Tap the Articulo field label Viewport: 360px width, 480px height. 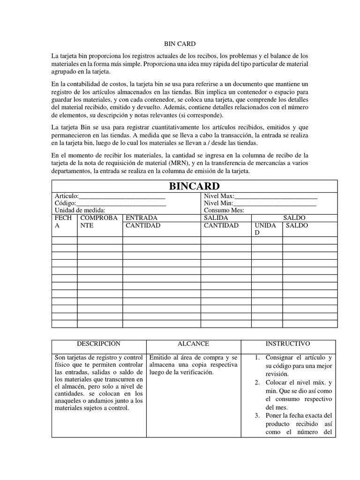[67, 196]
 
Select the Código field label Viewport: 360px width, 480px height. [65, 203]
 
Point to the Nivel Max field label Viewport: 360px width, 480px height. [218, 196]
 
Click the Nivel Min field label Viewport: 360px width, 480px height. [218, 203]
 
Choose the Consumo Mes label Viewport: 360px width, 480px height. [224, 210]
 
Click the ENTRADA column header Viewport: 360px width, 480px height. [142, 218]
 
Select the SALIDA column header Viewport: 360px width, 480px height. [216, 218]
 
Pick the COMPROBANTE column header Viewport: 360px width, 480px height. [97, 222]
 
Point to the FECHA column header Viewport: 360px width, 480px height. [63, 222]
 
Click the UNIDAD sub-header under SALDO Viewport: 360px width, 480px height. [265, 229]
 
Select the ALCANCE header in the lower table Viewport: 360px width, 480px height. [193, 344]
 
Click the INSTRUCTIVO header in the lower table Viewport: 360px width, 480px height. [287, 344]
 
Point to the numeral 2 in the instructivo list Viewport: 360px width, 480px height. [257, 382]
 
